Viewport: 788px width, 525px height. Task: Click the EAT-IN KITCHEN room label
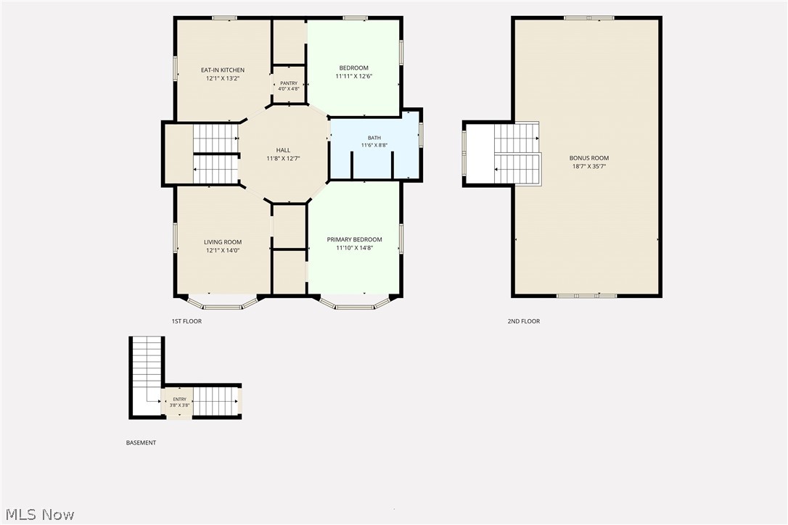point(223,70)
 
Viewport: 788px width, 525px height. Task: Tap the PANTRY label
point(289,83)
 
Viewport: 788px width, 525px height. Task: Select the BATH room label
point(374,138)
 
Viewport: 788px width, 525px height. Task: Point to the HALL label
point(284,150)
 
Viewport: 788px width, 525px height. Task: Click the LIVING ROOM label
point(223,242)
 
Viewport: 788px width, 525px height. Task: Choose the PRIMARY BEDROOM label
point(354,239)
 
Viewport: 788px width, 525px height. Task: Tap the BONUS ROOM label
point(589,158)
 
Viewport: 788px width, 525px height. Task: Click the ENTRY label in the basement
point(179,400)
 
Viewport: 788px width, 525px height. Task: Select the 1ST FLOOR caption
point(186,321)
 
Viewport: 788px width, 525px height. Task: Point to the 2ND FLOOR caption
point(524,321)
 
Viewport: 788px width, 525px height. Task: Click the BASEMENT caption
point(141,443)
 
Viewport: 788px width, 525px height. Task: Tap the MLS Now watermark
point(40,514)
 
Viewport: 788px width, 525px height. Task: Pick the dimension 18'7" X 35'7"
point(589,166)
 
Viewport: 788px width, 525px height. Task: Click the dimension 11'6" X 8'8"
point(374,146)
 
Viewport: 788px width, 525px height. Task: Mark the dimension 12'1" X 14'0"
point(223,251)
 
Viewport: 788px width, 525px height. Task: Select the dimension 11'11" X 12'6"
point(354,76)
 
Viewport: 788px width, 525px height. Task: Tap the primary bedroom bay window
point(355,305)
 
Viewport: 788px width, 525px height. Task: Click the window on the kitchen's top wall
point(224,19)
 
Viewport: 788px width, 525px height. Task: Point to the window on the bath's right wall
point(421,134)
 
